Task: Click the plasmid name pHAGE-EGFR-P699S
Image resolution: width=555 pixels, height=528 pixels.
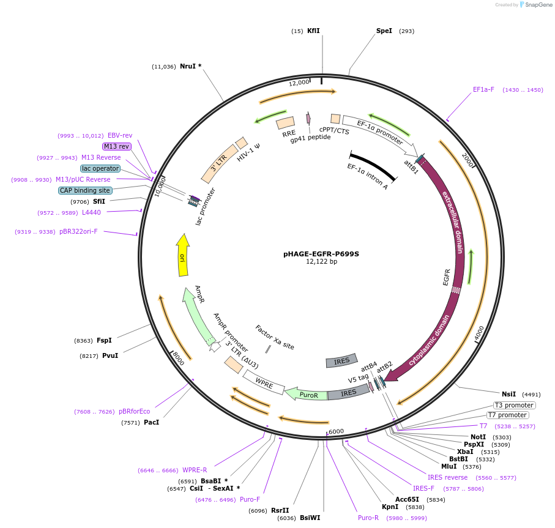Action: pos(321,253)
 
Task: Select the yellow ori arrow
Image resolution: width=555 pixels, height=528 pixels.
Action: pos(182,257)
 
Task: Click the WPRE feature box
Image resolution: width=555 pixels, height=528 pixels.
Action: pos(264,384)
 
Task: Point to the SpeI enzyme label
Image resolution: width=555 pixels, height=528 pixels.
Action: pos(384,31)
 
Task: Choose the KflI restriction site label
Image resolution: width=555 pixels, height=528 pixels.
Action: pos(313,31)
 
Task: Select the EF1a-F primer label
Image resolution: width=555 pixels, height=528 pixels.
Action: pos(483,89)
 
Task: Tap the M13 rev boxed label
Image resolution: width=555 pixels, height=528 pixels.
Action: pos(116,146)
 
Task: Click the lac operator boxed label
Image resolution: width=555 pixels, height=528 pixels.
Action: pos(100,168)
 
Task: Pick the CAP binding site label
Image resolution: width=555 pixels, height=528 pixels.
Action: pos(85,190)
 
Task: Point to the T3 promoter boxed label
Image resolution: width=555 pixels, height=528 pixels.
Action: pos(514,405)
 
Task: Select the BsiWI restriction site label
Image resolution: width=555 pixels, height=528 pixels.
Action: pos(310,518)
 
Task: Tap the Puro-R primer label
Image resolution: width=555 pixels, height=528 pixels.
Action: pos(368,518)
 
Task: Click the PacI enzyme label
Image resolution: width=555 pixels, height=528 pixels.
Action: pos(151,422)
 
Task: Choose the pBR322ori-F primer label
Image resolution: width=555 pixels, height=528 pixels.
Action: pos(78,231)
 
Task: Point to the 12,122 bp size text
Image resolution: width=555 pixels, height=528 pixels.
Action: pos(321,261)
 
